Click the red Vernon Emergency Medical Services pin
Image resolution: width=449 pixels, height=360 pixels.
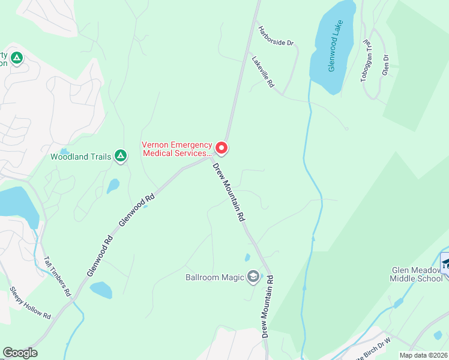221,147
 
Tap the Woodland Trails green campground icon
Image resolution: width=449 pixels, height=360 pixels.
121,157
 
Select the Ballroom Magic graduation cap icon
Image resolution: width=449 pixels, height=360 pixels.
253,277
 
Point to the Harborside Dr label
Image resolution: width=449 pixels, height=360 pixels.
276,35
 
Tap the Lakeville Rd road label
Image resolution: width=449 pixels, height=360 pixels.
263,73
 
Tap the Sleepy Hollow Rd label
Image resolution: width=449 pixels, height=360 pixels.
30,302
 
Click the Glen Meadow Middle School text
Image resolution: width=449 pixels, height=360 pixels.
416,274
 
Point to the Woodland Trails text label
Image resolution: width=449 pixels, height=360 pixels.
81,157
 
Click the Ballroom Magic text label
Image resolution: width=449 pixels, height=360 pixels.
215,277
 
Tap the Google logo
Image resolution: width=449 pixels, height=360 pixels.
20,353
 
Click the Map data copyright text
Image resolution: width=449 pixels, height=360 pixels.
424,355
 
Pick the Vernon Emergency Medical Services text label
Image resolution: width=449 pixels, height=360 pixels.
176,148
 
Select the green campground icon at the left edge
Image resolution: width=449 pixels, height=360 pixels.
16,58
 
